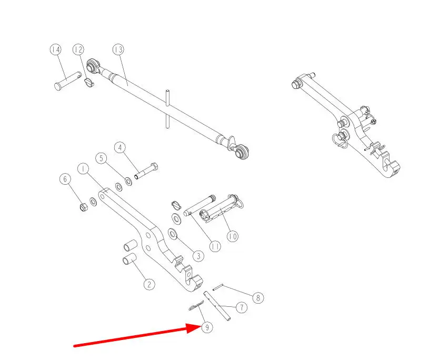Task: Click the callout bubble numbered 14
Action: click(56, 49)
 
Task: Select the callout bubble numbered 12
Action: click(78, 49)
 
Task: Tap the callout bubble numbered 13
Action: click(118, 49)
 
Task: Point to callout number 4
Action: click(120, 148)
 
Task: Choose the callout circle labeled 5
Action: click(101, 158)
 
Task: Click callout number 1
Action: click(83, 169)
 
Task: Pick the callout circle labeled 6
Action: click(65, 179)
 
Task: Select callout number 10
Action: click(233, 236)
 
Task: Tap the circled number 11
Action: click(215, 246)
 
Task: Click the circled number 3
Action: click(198, 256)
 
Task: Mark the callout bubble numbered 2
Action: click(149, 285)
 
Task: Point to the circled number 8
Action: click(258, 297)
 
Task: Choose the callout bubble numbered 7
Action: click(242, 307)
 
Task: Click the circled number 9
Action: click(207, 327)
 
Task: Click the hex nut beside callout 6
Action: click(84, 208)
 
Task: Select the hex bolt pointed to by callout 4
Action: click(146, 171)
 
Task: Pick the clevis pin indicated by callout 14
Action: click(67, 81)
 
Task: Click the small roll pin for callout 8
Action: click(218, 287)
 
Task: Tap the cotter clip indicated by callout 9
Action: click(196, 306)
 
